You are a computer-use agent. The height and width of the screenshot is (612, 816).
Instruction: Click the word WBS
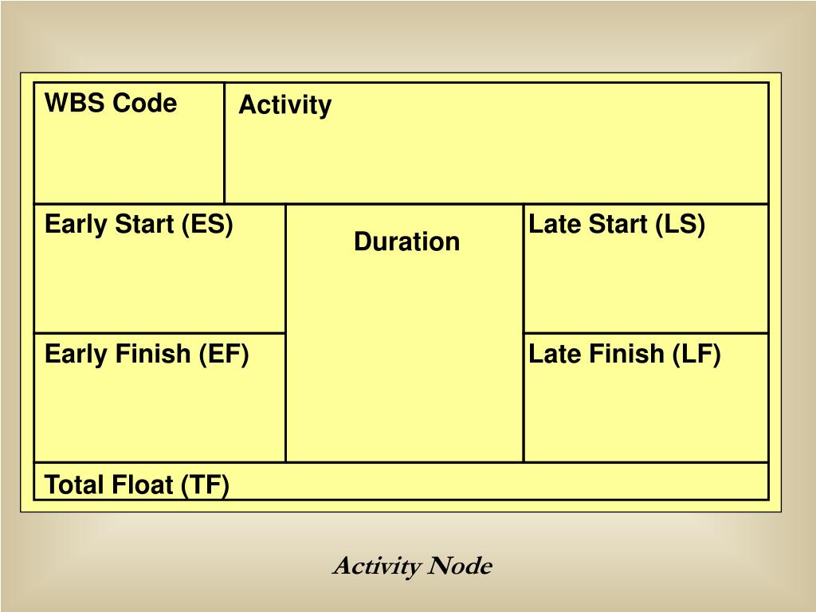tap(75, 103)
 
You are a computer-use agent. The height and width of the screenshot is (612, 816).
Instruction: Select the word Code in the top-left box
tap(145, 103)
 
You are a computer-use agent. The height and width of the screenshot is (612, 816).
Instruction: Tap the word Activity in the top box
tap(285, 106)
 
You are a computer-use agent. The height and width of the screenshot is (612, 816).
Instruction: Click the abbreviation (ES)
tap(207, 224)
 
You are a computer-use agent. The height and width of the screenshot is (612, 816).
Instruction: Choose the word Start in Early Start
tap(145, 224)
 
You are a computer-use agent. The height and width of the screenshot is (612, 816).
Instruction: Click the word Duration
tap(407, 241)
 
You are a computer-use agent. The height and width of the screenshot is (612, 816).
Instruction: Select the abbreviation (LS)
tap(681, 224)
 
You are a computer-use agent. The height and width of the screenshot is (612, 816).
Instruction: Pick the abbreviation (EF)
tap(224, 355)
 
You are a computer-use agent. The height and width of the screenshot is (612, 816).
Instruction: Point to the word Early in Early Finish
tap(76, 355)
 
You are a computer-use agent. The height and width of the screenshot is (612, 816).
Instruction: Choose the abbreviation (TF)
tap(205, 485)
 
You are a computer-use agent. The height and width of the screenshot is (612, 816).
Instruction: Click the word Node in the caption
tap(460, 567)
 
